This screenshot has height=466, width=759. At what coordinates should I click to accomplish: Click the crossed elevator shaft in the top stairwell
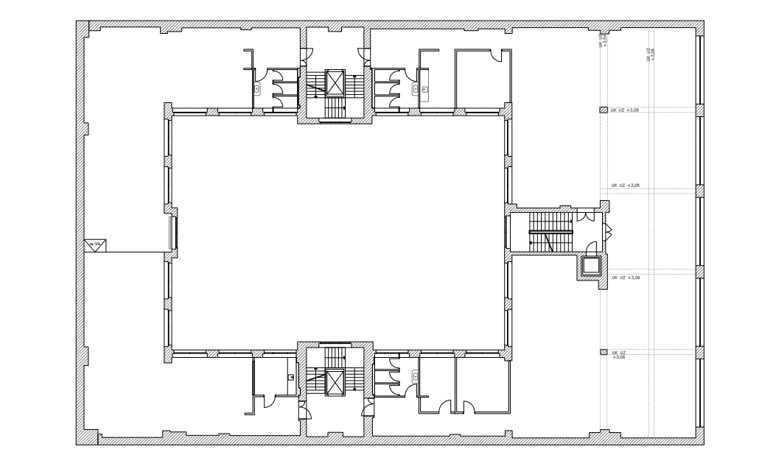[335, 82]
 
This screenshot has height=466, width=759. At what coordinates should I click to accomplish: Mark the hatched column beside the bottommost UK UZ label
[602, 353]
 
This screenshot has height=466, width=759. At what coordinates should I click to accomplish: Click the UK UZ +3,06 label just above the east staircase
[626, 186]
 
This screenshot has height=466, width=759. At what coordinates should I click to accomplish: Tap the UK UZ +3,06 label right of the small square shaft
[626, 278]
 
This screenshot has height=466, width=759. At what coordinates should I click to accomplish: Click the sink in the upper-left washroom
[257, 88]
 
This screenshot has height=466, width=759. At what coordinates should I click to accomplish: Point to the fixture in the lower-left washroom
[291, 377]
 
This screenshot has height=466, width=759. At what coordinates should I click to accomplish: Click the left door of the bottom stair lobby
[303, 406]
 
